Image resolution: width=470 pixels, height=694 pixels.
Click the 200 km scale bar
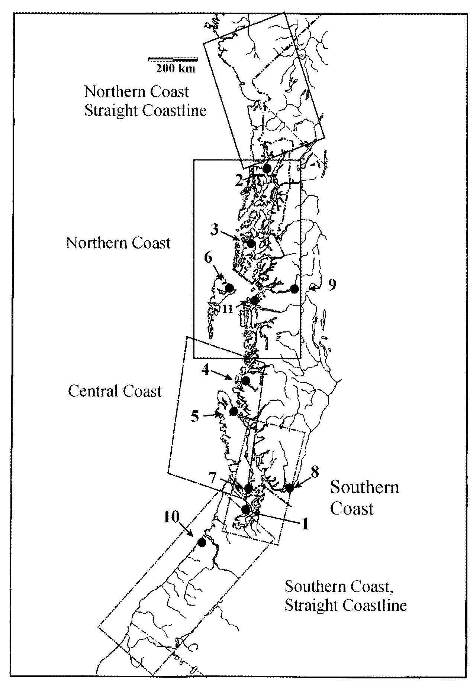coord(173,59)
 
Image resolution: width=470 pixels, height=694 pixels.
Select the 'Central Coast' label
coord(115,391)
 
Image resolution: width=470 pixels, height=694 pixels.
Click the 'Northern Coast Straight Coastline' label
coord(145,101)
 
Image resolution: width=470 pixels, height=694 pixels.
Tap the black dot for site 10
coord(202,542)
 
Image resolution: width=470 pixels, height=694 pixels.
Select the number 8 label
coord(315,472)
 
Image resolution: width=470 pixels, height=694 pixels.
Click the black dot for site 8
coord(290,488)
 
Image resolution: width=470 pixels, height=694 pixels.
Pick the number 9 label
coord(332,285)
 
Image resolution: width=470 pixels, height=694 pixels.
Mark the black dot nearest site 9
coord(294,289)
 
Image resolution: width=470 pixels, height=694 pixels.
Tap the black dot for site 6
coord(229,288)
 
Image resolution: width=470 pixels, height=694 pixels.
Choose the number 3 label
coord(214,230)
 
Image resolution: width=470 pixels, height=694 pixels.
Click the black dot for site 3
coord(251,244)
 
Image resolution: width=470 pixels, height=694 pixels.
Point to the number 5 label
coord(195,416)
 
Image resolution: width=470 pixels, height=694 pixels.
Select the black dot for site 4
coord(245,380)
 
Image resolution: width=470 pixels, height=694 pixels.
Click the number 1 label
coord(305,524)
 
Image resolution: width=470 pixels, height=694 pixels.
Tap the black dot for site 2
coord(267,168)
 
